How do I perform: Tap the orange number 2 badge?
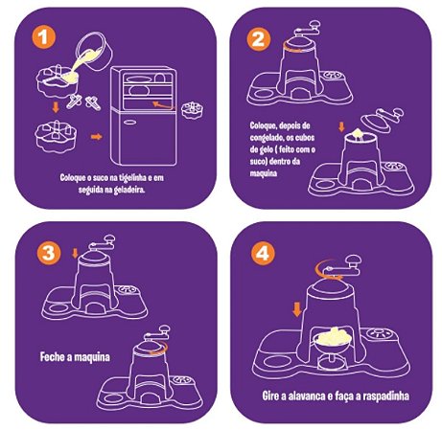258,37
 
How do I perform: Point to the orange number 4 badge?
258,254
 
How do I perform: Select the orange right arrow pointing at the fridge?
97,137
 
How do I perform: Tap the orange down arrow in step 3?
73,255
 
